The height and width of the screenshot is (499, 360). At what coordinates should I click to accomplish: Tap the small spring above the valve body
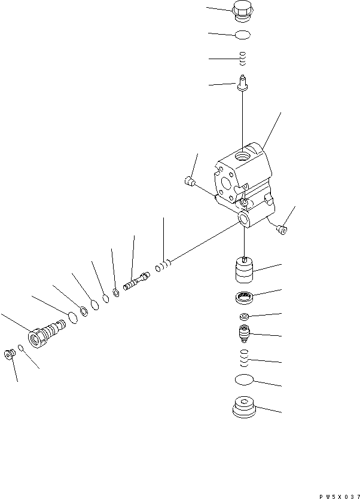[242, 59]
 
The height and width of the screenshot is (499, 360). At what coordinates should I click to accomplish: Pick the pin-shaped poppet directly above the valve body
[242, 82]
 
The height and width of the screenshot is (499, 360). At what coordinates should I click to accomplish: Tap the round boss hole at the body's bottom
[244, 220]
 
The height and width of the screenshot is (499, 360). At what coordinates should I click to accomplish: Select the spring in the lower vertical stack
[242, 359]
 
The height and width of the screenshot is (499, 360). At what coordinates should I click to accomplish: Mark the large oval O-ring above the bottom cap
[243, 381]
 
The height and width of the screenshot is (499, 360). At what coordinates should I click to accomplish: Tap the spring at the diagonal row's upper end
[164, 265]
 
